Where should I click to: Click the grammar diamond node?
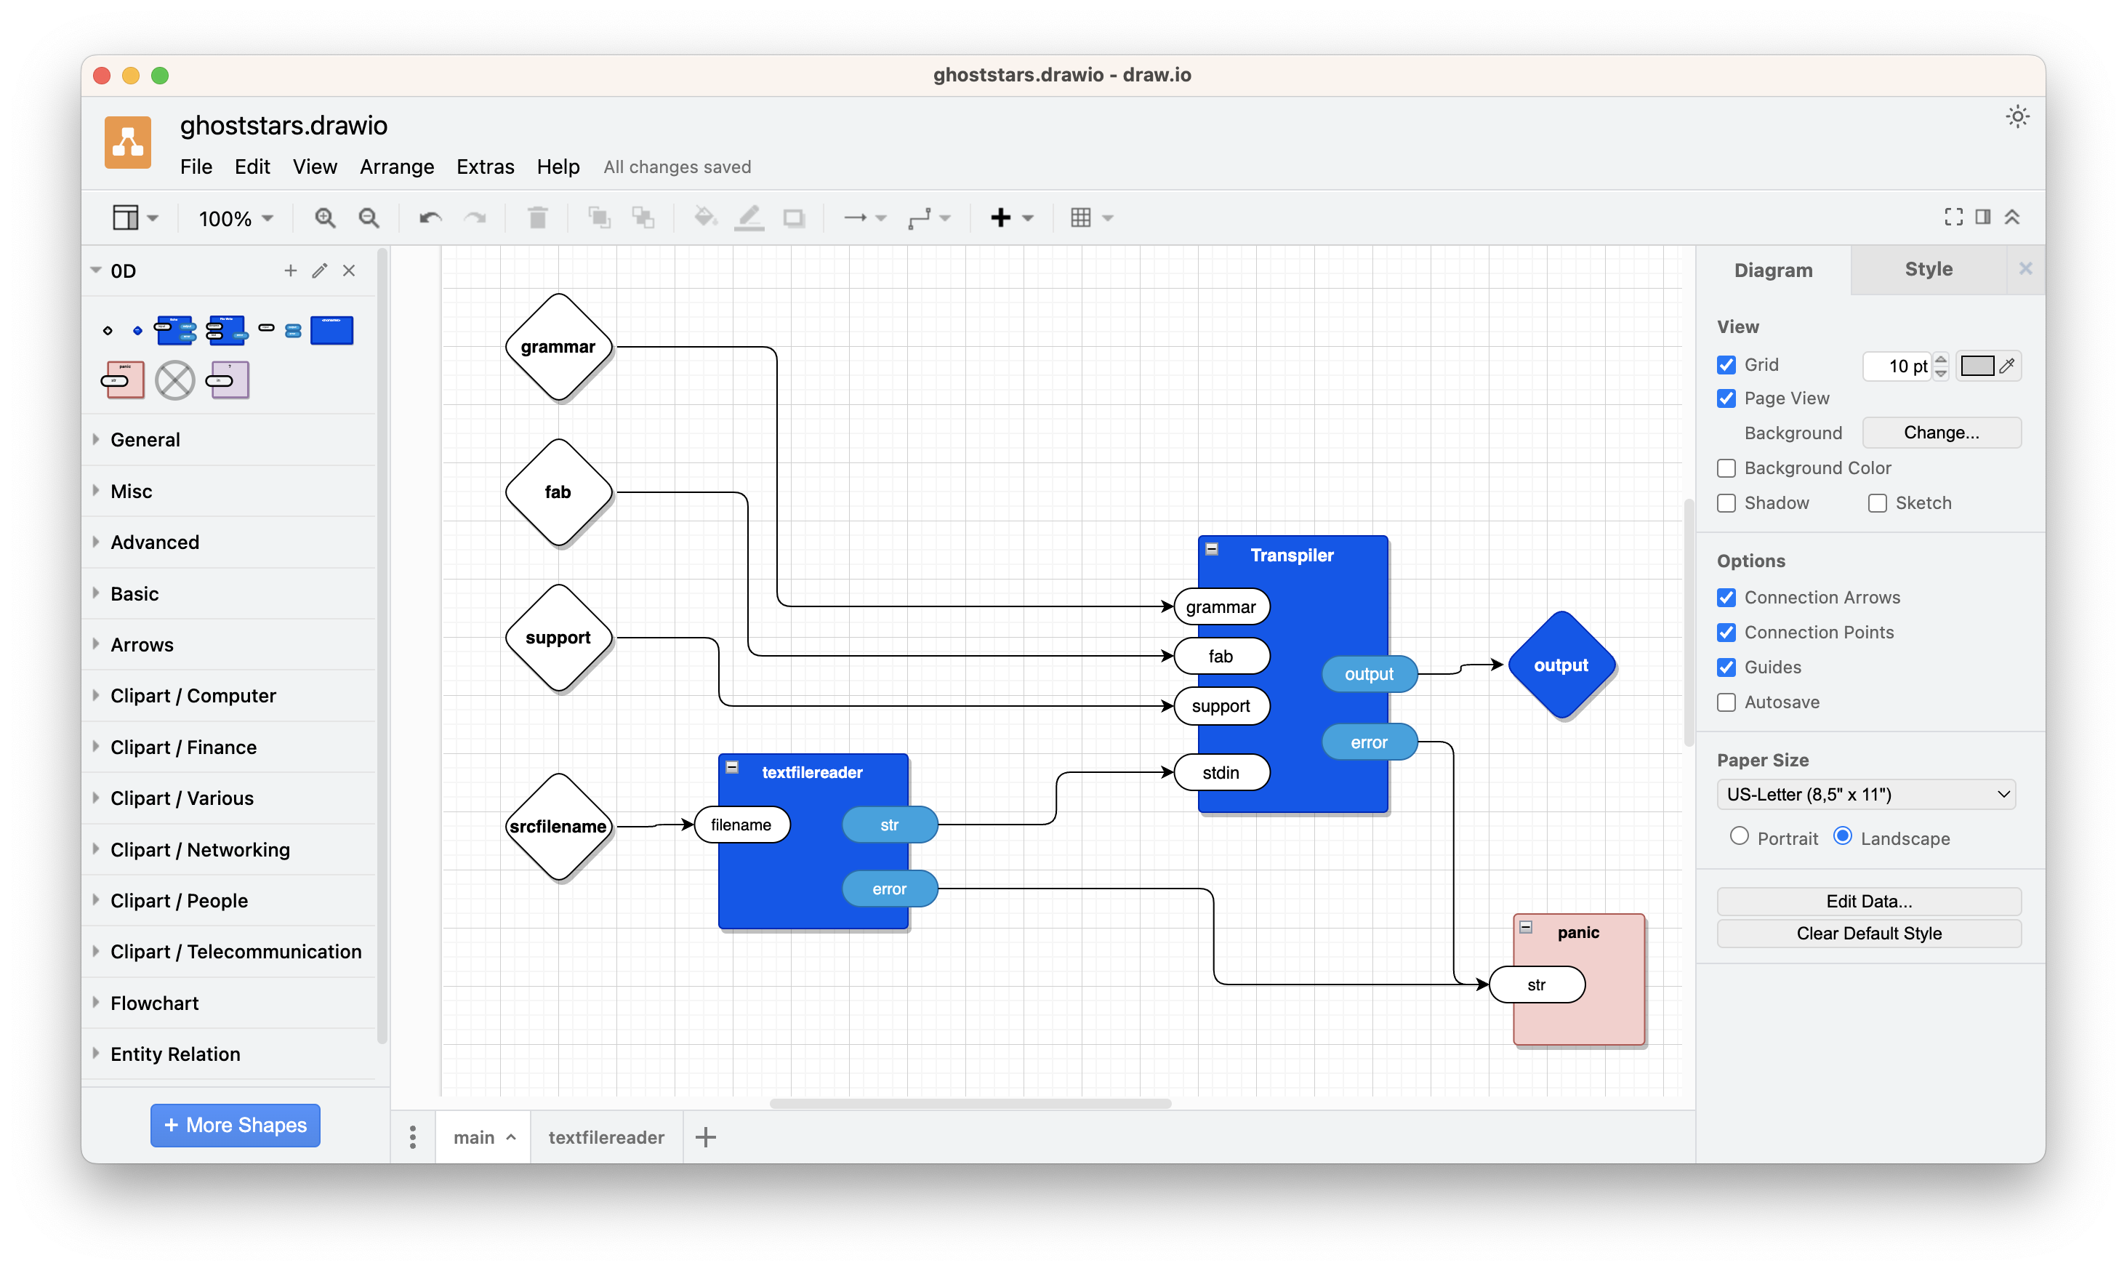point(558,347)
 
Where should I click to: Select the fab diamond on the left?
point(558,492)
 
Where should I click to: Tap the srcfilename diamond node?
point(558,827)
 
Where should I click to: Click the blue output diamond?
point(1561,665)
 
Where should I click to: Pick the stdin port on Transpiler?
point(1221,772)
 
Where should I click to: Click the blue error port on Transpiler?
point(1370,742)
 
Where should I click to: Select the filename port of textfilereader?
point(741,825)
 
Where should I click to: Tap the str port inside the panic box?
point(1537,985)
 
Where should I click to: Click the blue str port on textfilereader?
point(890,825)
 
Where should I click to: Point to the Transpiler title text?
point(1292,555)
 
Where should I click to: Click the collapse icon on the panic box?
point(1526,926)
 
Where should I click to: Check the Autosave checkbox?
point(1726,702)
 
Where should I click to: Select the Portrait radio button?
point(1739,837)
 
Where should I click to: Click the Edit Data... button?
point(1868,901)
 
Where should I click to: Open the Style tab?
point(1929,269)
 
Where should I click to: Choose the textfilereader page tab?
point(606,1137)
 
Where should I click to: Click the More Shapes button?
point(236,1125)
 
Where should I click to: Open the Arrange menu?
point(396,167)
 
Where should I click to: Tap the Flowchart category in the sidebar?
point(154,1003)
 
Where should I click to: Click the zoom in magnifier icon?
point(324,218)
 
